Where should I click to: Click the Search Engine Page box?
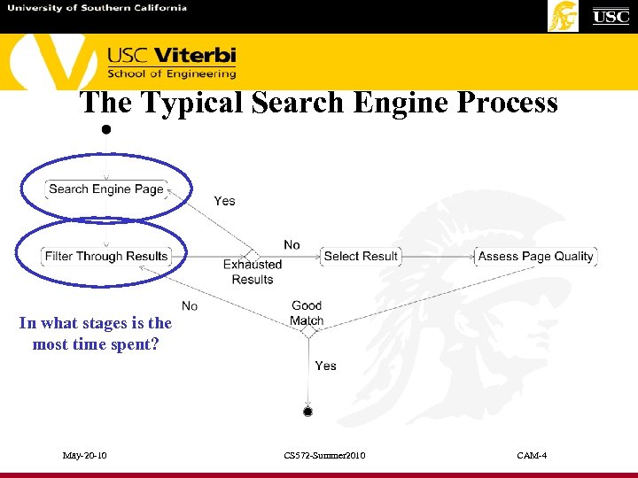coord(106,189)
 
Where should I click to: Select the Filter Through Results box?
coord(106,257)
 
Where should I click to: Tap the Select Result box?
coord(361,257)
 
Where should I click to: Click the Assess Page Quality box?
coord(535,257)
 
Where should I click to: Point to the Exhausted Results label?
coord(253,272)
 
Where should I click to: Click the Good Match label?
coord(307,313)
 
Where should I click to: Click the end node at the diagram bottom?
coord(307,412)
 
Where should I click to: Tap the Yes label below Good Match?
coord(325,366)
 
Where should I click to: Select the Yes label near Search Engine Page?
coord(224,201)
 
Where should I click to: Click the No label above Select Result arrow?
coord(292,244)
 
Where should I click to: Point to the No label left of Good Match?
coord(189,306)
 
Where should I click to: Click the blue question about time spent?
coord(96,334)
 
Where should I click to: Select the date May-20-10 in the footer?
coord(85,456)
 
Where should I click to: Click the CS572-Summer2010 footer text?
coord(324,456)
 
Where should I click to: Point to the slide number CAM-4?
coord(532,456)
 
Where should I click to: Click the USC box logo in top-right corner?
coord(611,16)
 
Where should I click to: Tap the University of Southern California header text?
coord(97,8)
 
